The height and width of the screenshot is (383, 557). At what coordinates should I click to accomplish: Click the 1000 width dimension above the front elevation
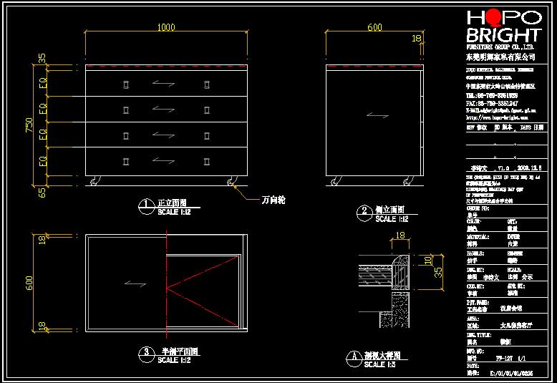166,27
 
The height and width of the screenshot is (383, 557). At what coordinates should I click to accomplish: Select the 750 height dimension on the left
29,125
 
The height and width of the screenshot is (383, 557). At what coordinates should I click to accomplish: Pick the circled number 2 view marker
364,210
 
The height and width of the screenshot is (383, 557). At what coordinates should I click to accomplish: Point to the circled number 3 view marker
146,352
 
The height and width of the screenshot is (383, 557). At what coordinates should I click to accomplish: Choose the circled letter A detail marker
352,356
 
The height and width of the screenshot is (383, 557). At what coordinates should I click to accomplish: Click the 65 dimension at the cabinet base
42,191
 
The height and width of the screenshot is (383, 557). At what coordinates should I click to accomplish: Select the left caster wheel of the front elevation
96,180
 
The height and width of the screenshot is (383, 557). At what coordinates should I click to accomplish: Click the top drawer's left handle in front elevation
126,86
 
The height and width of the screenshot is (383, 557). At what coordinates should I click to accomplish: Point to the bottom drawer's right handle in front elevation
206,160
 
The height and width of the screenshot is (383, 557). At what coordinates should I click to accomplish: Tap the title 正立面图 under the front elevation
172,203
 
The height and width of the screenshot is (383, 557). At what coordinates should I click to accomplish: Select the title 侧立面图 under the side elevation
390,209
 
